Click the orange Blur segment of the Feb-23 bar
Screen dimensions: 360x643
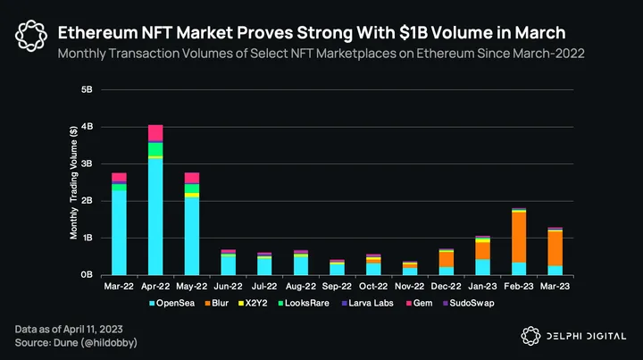(x=518, y=237)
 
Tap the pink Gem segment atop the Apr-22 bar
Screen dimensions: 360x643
(x=155, y=133)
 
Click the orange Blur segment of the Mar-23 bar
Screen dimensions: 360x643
(x=555, y=247)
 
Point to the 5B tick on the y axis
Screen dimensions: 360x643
(x=88, y=90)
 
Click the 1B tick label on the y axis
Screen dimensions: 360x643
(x=88, y=239)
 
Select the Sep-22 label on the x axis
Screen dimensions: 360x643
(x=337, y=287)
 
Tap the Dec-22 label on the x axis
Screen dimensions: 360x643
(x=446, y=287)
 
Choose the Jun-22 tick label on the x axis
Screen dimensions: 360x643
(x=228, y=287)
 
